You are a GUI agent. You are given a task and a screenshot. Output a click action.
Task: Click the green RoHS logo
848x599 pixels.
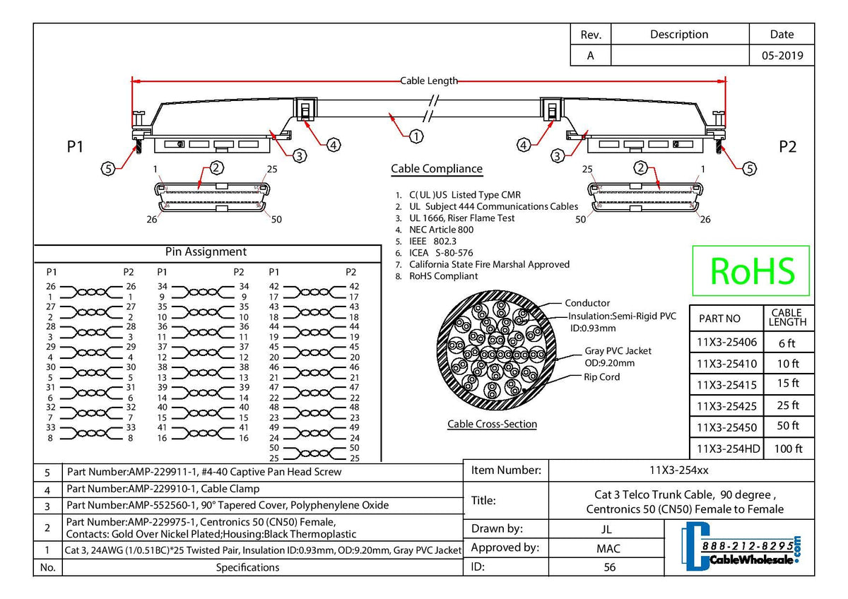[751, 271]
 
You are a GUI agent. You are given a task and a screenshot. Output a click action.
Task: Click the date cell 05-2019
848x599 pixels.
[782, 56]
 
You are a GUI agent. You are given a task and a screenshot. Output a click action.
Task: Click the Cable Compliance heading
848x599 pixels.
[437, 169]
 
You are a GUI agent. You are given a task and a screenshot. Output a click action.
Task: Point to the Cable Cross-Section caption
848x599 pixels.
[492, 425]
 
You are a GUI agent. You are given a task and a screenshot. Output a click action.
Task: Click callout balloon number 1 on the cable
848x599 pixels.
[417, 136]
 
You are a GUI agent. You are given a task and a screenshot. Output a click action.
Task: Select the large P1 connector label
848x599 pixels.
[76, 146]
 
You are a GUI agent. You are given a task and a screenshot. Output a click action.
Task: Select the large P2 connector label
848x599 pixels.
[787, 146]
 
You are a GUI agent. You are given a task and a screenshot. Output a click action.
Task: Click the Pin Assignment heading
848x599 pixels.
[206, 252]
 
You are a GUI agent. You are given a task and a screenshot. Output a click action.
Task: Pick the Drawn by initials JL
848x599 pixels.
[607, 529]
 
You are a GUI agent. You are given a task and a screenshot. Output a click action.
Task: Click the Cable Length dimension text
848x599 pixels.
[429, 81]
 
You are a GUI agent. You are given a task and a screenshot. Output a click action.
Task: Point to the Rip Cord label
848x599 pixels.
[601, 377]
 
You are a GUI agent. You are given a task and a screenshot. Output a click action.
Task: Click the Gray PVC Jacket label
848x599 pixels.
[618, 351]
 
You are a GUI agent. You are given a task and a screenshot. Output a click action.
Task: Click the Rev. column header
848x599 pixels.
[590, 35]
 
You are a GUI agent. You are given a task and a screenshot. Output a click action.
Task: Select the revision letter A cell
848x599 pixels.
[590, 56]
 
